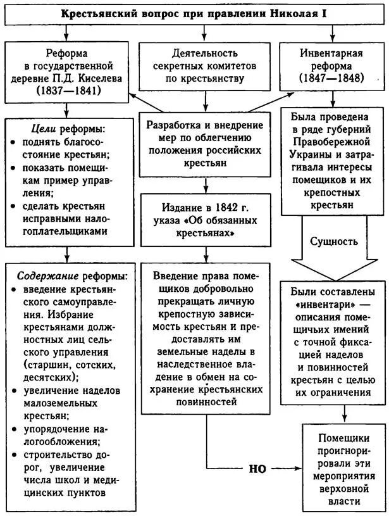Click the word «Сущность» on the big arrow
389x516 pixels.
(x=333, y=241)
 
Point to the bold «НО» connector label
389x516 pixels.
(x=257, y=469)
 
